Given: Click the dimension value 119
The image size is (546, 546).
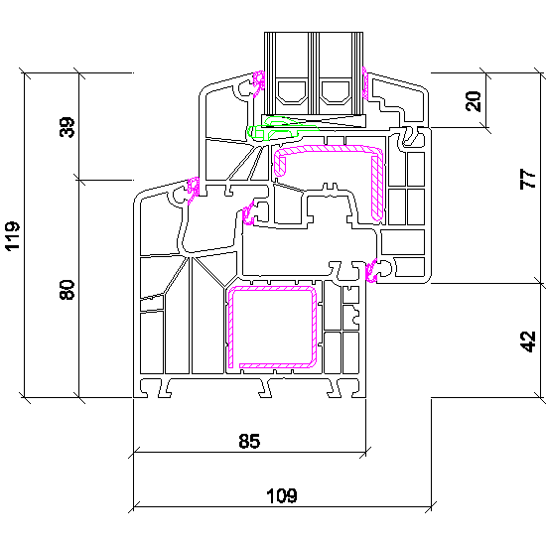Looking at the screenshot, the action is (13, 235).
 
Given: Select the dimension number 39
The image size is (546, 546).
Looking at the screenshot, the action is (68, 127).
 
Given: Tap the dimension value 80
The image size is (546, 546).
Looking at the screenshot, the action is (68, 289).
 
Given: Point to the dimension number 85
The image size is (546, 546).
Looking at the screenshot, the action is (249, 441).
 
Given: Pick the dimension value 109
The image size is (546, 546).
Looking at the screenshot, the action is (282, 495).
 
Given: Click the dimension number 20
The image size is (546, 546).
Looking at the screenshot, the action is (474, 101).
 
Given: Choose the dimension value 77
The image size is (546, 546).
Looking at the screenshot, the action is (528, 179).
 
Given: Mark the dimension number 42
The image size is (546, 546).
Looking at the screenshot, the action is (528, 341).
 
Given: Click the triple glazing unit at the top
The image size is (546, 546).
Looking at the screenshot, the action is (314, 73).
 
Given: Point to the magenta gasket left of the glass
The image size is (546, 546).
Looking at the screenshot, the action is (258, 84).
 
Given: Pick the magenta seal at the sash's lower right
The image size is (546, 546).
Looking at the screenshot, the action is (371, 271).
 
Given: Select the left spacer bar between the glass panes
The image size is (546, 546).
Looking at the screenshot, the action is (292, 92).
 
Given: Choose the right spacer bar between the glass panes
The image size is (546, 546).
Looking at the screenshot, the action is (335, 92).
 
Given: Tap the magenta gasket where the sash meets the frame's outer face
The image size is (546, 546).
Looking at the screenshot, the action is (194, 191).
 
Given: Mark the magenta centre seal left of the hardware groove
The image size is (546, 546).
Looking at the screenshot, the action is (248, 214).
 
